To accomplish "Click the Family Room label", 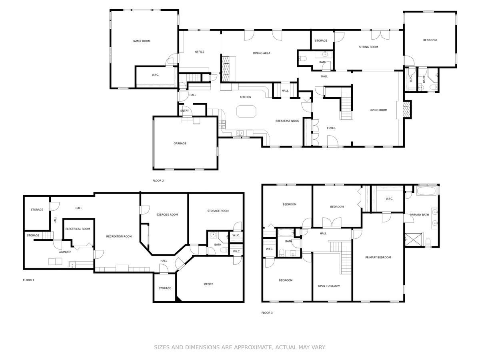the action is [141, 41].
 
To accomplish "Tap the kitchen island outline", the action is [246, 106].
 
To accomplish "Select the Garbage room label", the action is [180, 143].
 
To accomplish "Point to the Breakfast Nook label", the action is [287, 121].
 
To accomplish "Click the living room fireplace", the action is [407, 110].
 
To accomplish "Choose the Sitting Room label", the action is [368, 47].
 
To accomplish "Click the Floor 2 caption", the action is [158, 180].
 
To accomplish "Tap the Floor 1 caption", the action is [28, 280].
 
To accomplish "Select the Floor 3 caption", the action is [267, 313].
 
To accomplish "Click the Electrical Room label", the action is [78, 229].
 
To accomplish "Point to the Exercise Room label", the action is [167, 215].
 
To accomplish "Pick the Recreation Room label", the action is [119, 236].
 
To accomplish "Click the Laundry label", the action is [65, 252].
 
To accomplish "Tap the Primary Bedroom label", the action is [378, 258].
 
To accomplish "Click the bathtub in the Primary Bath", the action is [426, 191].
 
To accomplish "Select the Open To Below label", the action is [329, 286].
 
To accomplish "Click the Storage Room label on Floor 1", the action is [218, 211].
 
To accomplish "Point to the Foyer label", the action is [331, 128].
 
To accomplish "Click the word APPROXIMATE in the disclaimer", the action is [253, 347].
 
